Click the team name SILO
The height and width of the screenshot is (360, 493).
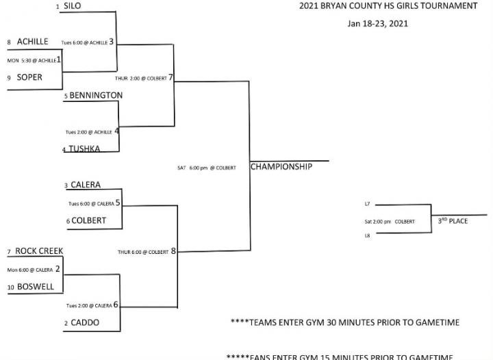pos(72,6)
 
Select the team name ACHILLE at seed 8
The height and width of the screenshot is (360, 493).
pos(32,42)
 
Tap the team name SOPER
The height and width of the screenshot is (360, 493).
pos(29,77)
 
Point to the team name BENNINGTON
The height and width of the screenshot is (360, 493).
pos(96,95)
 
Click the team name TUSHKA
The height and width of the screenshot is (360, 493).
pos(84,149)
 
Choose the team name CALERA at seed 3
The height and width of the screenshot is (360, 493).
pos(86,185)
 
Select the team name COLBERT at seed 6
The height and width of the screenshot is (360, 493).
pos(88,220)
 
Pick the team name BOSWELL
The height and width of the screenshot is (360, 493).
pos(36,287)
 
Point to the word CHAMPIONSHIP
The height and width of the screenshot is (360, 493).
pos(281,166)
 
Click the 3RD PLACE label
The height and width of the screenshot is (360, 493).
pos(453,221)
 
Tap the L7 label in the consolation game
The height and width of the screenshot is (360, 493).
pos(368,204)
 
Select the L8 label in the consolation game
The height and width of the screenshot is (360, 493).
pos(368,236)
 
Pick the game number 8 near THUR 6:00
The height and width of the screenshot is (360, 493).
pos(173,251)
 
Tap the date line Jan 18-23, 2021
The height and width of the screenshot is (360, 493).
pos(377,23)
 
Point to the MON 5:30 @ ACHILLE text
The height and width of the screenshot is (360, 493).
pos(31,60)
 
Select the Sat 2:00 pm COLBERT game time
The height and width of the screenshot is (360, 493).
pos(390,222)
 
